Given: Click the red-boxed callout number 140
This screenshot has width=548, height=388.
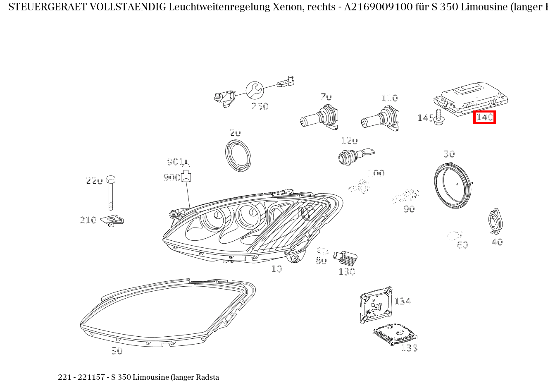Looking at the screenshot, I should pos(484,117).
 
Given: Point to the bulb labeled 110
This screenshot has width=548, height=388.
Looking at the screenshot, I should pos(380,119).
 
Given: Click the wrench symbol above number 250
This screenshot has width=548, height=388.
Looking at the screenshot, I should pos(254,90).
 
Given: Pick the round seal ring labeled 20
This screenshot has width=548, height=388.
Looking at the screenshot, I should pos(238,156).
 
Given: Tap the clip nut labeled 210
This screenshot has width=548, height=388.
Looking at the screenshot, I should pos(113,220).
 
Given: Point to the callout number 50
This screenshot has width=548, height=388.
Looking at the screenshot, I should pos(117,351).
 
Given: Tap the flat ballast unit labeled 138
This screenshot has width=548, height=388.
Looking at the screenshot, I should pos(395,333).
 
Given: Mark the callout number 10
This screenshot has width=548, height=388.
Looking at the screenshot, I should pos(276,269).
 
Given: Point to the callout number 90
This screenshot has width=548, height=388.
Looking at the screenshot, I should pos(409,209).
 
